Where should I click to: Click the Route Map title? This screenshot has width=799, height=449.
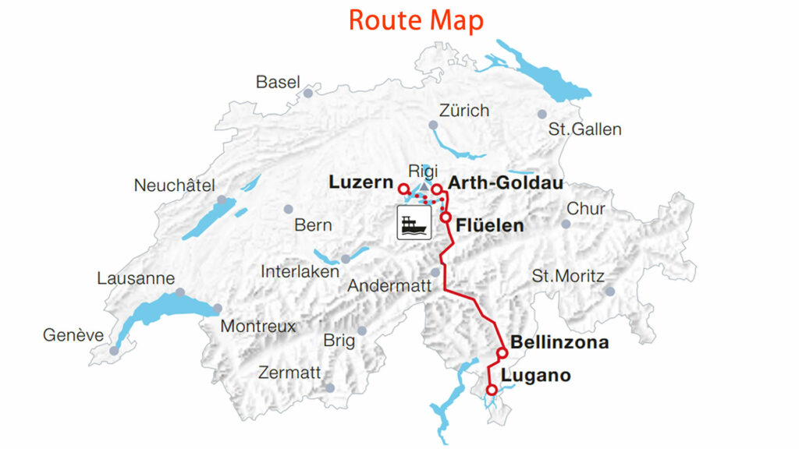pos(415,20)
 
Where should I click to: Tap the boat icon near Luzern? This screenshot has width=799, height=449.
pos(412,223)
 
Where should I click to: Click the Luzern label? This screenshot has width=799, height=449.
pos(360,182)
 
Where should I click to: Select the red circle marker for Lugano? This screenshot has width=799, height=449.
pos(492,390)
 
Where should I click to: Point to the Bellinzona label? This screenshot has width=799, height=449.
pos(559,342)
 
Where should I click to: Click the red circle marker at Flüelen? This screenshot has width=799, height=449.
pos(446,217)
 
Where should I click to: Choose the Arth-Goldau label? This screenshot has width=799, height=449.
pos(506,182)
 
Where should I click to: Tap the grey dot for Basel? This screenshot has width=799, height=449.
pos(308,93)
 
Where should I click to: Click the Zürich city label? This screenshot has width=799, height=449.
pos(464,110)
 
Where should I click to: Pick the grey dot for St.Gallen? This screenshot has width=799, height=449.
pos(542,114)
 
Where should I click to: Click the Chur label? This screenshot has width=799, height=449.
pos(585,209)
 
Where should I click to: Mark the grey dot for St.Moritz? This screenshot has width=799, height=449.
pos(609,291)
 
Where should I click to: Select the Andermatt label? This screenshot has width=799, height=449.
pos(389,286)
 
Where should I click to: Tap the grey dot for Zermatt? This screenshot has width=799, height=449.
pos(330,387)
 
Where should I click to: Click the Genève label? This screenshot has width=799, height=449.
pos(73,335)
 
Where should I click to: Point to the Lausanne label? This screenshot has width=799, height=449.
pos(136,278)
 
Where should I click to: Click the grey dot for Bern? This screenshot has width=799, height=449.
pos(289,209)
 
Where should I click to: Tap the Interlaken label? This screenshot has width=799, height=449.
pos(300,272)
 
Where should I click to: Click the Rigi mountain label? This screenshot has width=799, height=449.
pos(423,171)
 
